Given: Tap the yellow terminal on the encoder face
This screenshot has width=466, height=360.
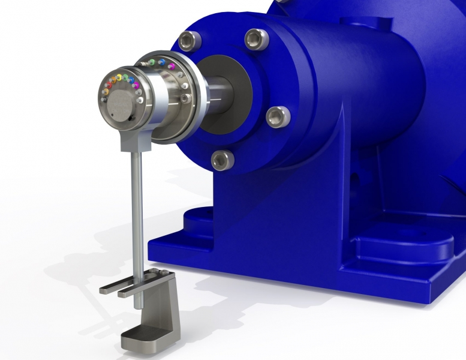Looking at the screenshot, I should pos(119,77).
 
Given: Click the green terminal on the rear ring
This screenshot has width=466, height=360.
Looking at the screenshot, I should pos(152,62).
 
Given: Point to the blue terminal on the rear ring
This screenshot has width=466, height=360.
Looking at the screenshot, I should pos(162,62).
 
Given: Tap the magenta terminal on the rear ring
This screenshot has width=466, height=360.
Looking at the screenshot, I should pos(172,67).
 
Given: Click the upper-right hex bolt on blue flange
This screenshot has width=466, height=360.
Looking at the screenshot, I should pos(255,40).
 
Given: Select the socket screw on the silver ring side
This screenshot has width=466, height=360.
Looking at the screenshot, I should pos(185,98).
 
